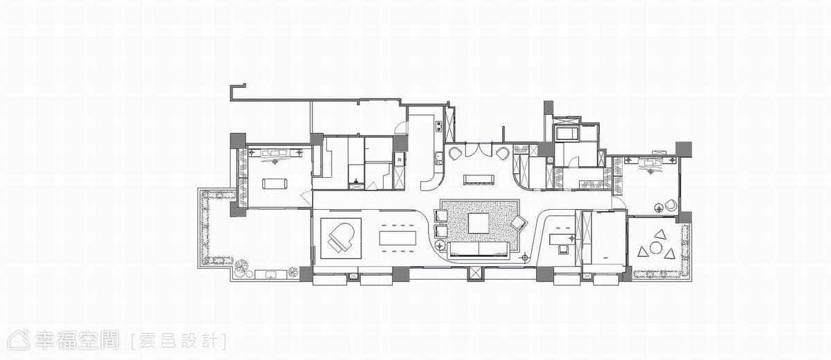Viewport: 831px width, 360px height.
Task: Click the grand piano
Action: [341, 238]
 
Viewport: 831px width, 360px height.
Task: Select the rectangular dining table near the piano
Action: [397, 238]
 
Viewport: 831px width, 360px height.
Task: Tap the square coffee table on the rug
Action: [479, 223]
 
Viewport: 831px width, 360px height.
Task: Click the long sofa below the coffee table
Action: [479, 249]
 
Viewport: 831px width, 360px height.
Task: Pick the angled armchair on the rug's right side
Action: [519, 223]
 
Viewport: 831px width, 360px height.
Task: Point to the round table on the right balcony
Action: [656, 248]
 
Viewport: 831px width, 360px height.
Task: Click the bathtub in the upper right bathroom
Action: [566, 134]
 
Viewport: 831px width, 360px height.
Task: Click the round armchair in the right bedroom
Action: [671, 206]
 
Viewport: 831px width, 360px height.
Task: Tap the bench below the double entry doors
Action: [479, 180]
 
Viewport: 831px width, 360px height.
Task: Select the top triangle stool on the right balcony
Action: [659, 234]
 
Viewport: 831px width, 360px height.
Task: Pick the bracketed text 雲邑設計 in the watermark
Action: [179, 341]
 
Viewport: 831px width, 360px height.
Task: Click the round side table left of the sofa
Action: [440, 245]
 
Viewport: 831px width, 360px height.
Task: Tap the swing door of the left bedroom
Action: [306, 199]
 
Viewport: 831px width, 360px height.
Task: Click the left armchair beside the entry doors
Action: [455, 152]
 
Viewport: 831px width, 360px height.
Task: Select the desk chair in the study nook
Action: [564, 249]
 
